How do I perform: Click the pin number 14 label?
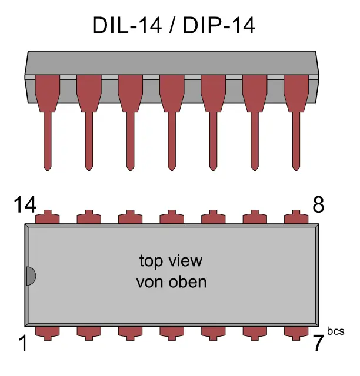[x=25, y=205]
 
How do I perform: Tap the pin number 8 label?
[x=318, y=205]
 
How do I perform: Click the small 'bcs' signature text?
[x=336, y=332]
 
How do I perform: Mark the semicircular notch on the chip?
[x=31, y=276]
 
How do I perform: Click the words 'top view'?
[x=171, y=260]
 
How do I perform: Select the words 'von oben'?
[x=171, y=282]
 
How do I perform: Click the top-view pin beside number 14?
[x=48, y=217]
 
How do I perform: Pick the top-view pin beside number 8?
[x=296, y=217]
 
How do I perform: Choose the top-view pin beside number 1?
[x=48, y=332]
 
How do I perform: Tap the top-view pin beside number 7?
[x=296, y=332]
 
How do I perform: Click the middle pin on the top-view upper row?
[x=172, y=217]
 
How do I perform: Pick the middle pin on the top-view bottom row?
[x=172, y=332]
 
